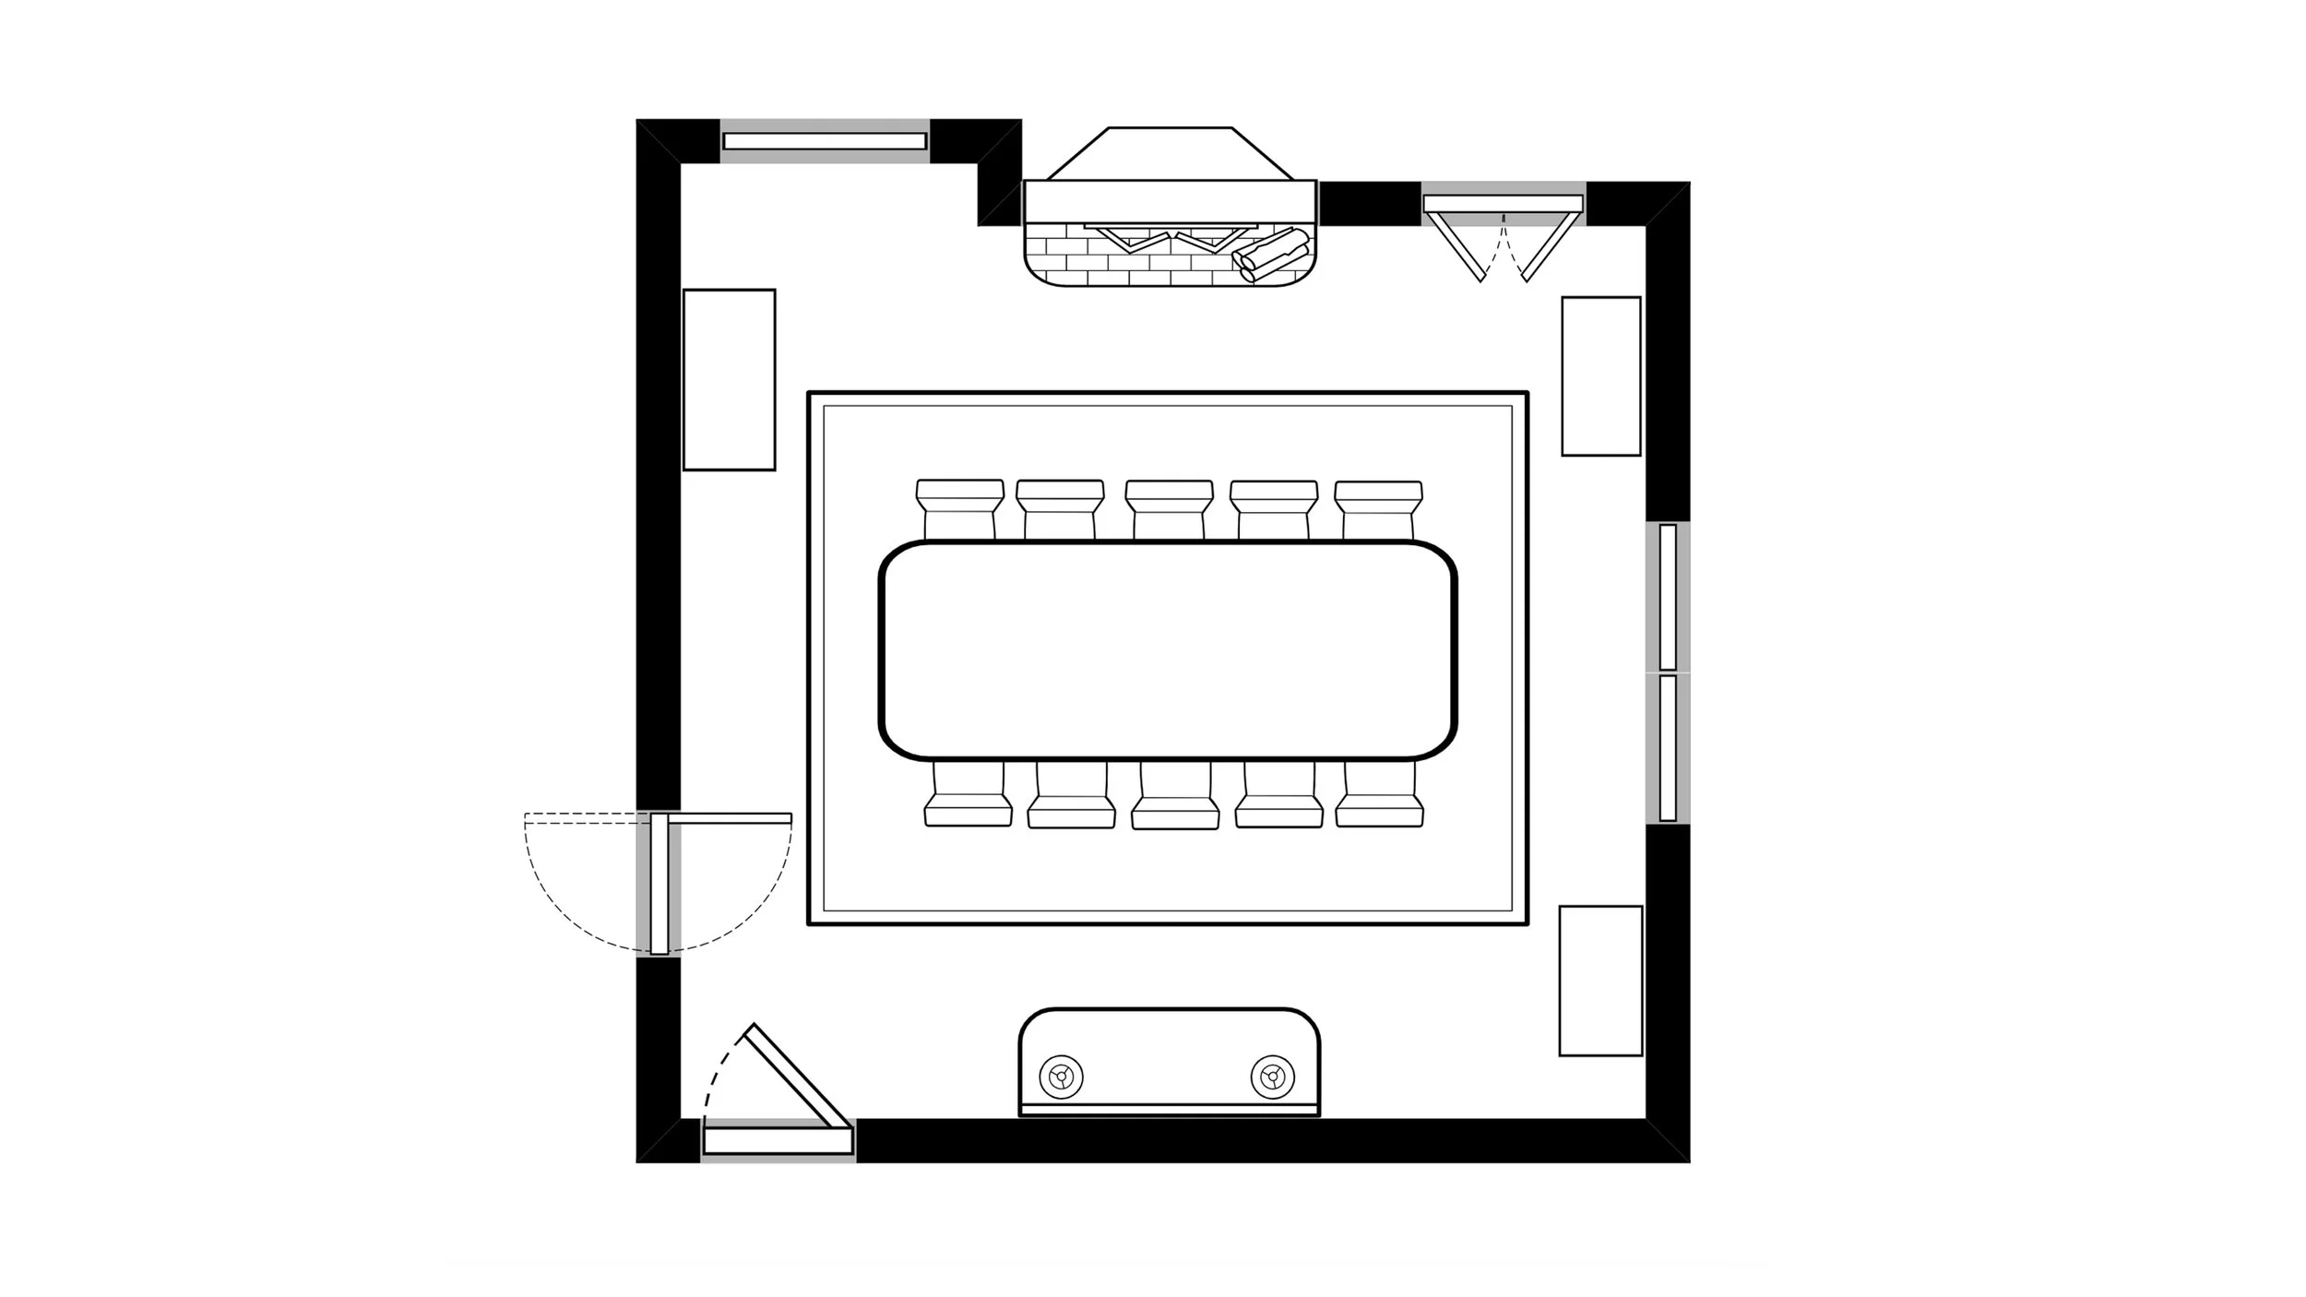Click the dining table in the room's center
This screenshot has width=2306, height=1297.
tap(1168, 649)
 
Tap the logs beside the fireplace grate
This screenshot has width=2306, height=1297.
tap(1273, 256)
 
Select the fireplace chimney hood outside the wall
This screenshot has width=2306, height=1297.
tap(1170, 153)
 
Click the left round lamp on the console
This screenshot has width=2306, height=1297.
tap(1061, 1076)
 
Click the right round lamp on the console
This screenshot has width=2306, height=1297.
tap(1273, 1076)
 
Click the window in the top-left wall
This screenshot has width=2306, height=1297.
tap(825, 141)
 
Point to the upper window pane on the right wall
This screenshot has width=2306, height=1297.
tap(1668, 597)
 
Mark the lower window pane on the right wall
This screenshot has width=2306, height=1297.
tap(1668, 748)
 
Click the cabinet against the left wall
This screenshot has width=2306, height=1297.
tap(729, 379)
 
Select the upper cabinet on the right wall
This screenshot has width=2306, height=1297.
tap(1600, 375)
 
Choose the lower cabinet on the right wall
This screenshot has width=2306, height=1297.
tap(1600, 981)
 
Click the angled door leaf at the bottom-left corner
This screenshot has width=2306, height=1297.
tap(798, 1076)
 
